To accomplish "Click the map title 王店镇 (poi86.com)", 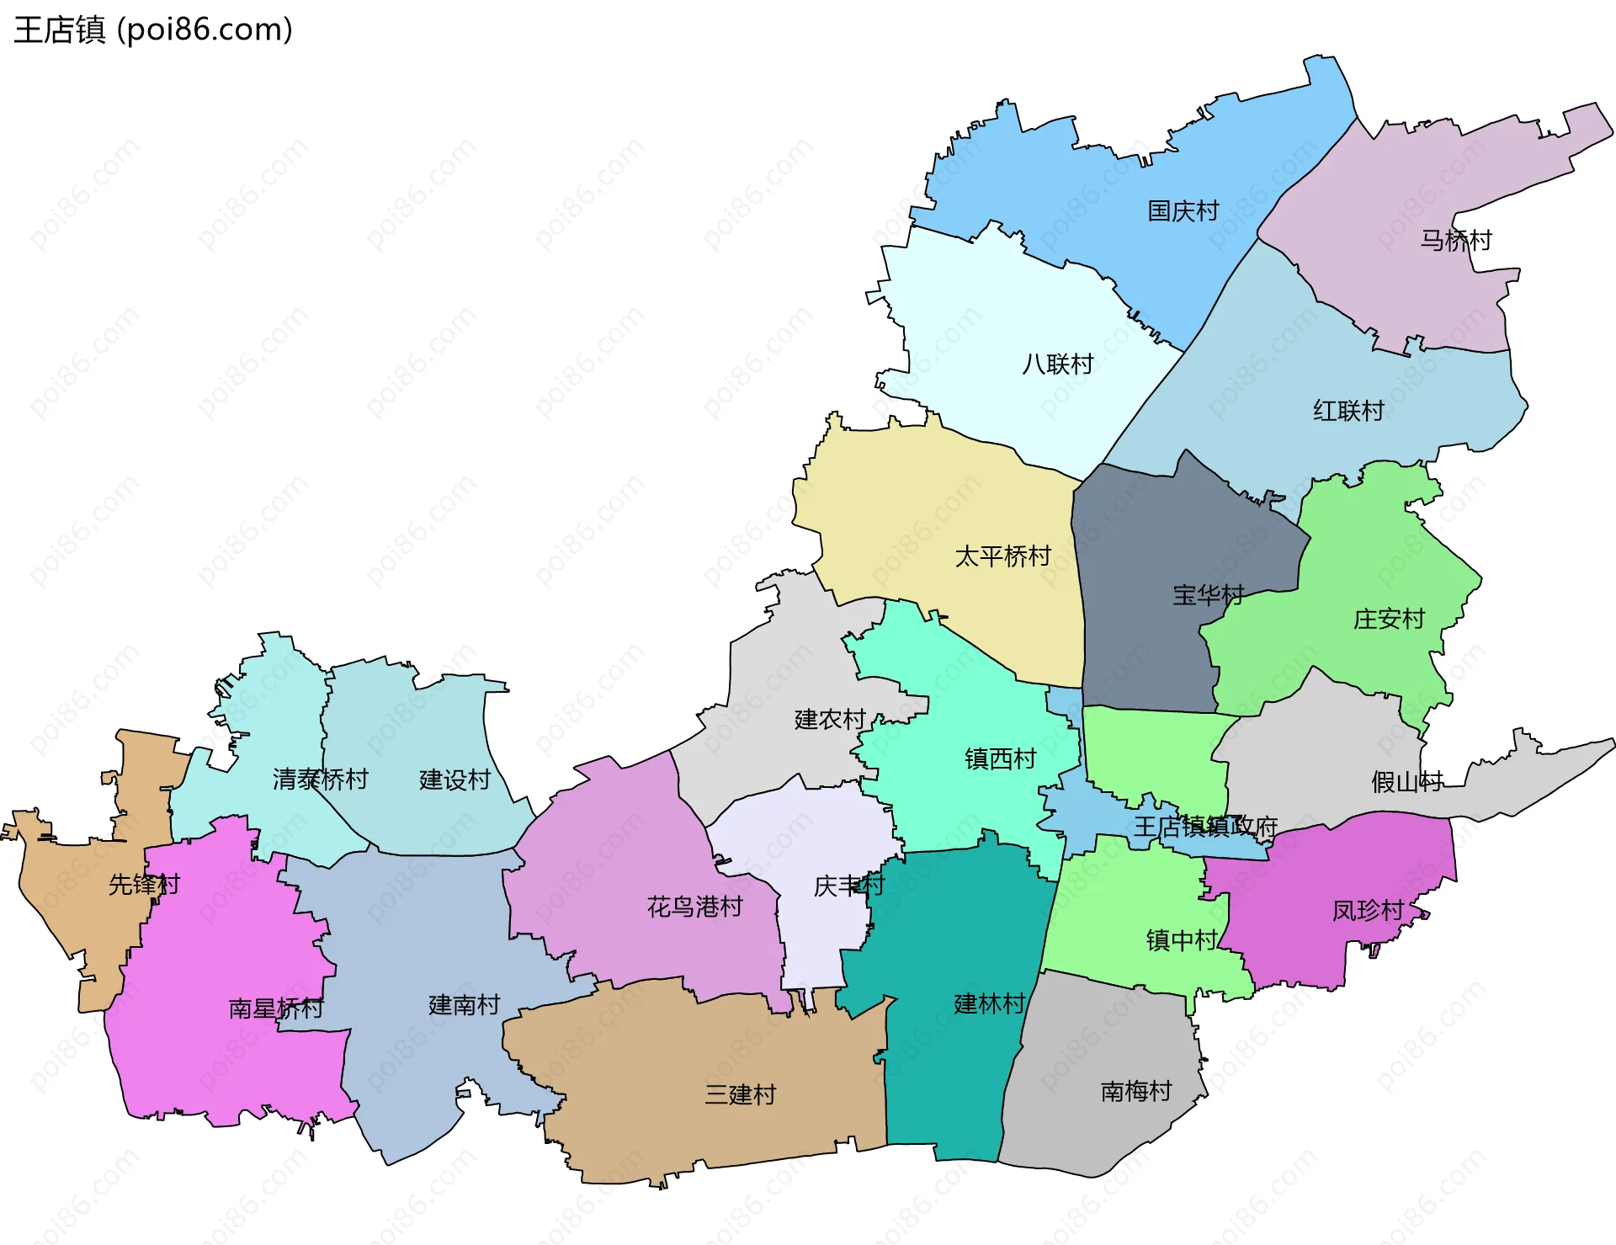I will point(153,29).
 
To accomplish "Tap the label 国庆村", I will point(1183,211).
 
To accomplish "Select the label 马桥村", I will point(1455,241).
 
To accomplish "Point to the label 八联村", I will point(1057,364).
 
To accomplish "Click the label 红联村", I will point(1348,411).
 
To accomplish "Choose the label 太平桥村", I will point(1002,556).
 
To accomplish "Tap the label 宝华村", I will point(1208,595).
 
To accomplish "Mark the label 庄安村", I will point(1388,620).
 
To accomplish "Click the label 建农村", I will point(830,720).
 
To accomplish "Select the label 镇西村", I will point(1000,759).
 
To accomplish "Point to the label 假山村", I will point(1406,782).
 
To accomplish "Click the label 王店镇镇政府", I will point(1205,827).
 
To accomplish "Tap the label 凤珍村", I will point(1368,911).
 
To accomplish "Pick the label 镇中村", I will point(1182,940).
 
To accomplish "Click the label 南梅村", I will point(1136,1092).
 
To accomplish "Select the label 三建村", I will point(740,1095).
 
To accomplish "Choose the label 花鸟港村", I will point(694,907).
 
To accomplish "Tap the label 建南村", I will point(464,1005).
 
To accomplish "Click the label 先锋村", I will point(144,885).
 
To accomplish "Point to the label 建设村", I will point(454,780).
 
